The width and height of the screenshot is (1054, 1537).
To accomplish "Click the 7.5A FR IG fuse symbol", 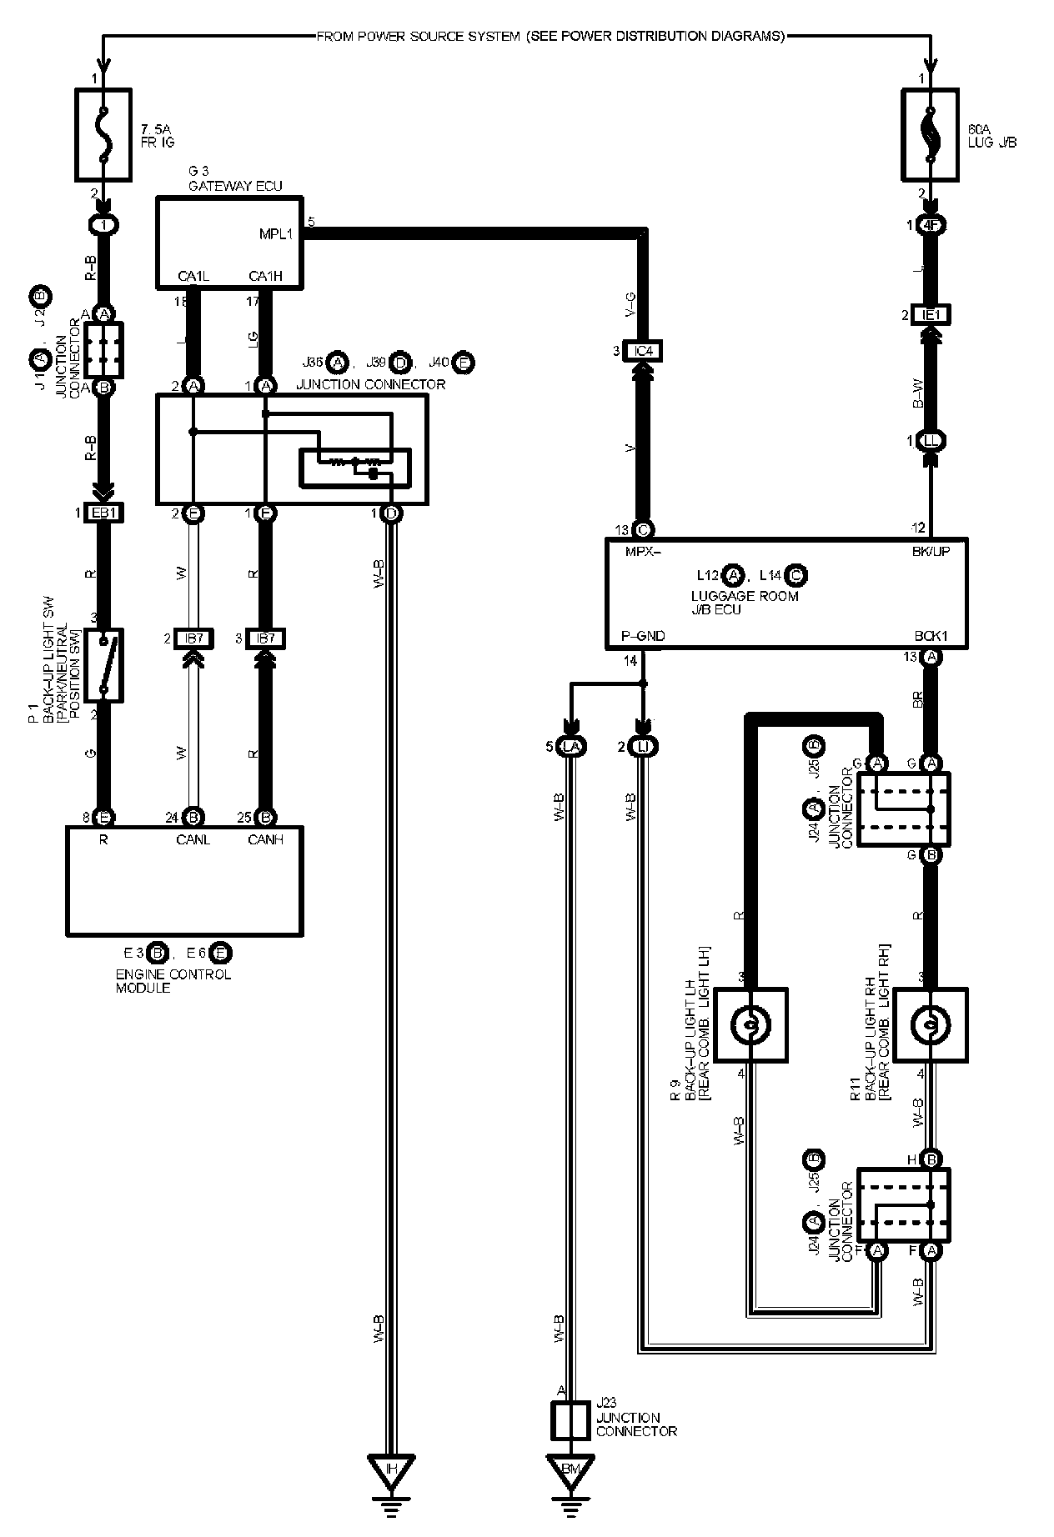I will [x=103, y=134].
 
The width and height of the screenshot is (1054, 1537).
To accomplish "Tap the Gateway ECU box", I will [x=228, y=242].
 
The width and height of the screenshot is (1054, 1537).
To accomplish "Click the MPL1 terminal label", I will [x=276, y=234].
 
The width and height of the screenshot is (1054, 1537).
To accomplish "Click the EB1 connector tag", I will [x=103, y=513].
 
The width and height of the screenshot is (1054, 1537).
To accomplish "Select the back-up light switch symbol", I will [x=103, y=665].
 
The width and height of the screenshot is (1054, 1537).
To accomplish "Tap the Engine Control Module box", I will [x=184, y=880].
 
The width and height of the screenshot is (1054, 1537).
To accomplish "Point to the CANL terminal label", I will [x=193, y=839].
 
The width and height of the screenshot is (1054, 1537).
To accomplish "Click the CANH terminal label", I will [x=266, y=839].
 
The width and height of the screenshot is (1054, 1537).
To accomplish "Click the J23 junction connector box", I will [x=570, y=1419].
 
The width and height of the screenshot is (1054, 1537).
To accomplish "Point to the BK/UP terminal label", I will [x=930, y=551].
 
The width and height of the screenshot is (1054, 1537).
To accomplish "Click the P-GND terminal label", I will [x=643, y=636].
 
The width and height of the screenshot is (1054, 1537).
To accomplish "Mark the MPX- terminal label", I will [x=643, y=551].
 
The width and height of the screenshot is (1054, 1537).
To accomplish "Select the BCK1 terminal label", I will [x=930, y=636].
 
